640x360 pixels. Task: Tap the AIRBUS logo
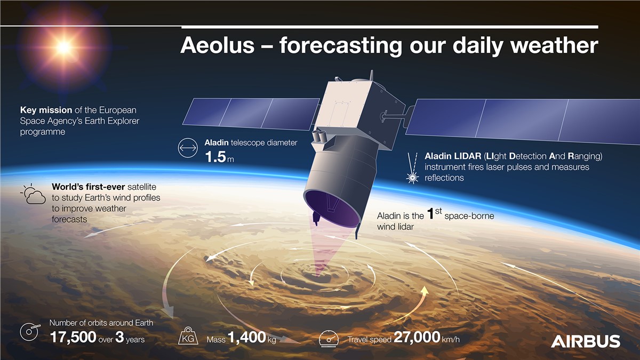tap(585, 341)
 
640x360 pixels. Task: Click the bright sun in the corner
tap(63, 47)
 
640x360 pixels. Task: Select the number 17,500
tap(73, 337)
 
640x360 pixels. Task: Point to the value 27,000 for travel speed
tap(417, 338)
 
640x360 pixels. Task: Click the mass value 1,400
tap(247, 338)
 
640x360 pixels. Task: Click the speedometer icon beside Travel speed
tap(329, 338)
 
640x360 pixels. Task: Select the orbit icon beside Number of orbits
tap(30, 332)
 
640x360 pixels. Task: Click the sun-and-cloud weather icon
tap(33, 195)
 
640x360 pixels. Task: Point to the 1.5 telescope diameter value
tap(216, 158)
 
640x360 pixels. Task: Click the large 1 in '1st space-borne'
tap(431, 214)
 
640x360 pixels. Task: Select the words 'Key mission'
tap(46, 110)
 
